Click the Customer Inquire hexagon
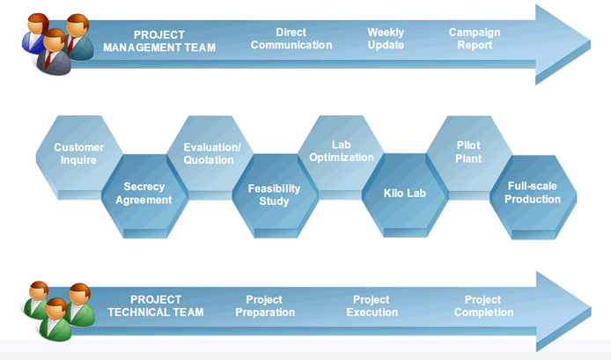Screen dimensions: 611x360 click(x=79, y=153)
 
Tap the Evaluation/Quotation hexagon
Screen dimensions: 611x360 click(x=210, y=153)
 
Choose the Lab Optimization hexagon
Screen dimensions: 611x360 click(x=342, y=153)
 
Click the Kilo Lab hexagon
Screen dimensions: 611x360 click(x=405, y=195)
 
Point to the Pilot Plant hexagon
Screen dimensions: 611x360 click(x=469, y=153)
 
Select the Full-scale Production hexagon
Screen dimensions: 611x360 click(x=533, y=197)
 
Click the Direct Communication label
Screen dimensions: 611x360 click(x=291, y=39)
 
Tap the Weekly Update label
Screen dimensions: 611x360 click(x=386, y=39)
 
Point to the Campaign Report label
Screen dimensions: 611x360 click(x=475, y=39)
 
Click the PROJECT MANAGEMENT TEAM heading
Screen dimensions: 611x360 click(x=159, y=40)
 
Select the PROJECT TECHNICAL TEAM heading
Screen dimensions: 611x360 click(x=156, y=305)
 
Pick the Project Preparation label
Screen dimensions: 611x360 click(x=265, y=305)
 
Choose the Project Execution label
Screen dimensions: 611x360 click(x=372, y=305)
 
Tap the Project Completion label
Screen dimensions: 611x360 click(x=483, y=305)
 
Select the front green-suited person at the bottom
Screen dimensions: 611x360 click(x=55, y=320)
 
